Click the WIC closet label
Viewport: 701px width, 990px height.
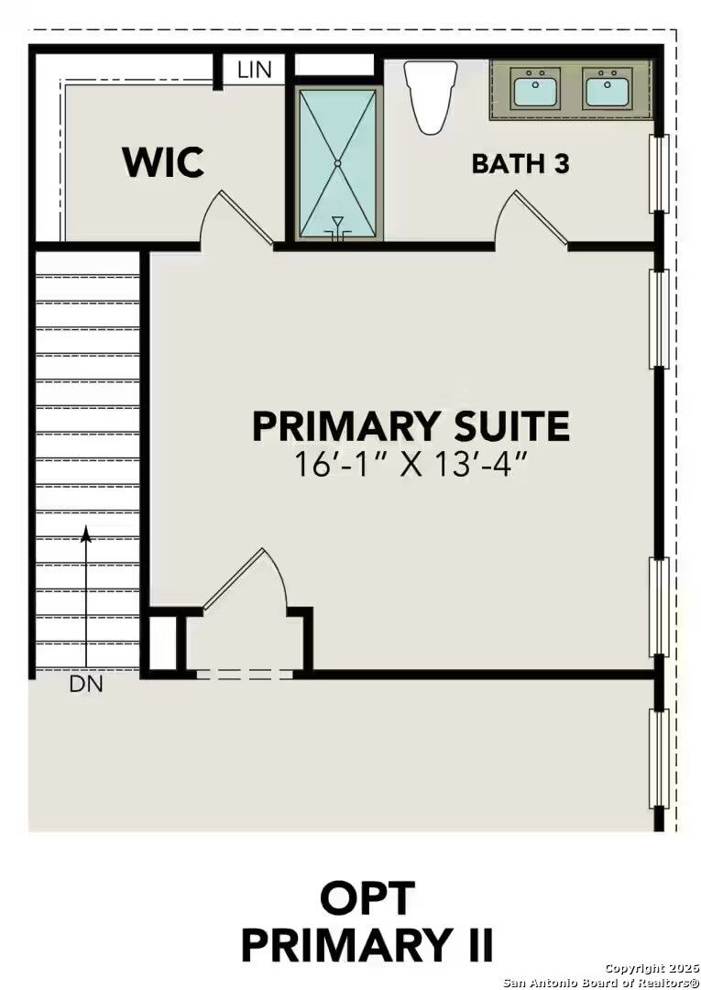coord(163,162)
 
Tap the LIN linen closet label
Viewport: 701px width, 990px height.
coord(254,70)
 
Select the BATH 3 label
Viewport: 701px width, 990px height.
coord(520,164)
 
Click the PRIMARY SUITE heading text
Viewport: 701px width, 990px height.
coord(411,427)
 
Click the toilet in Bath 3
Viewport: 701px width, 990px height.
coord(431,95)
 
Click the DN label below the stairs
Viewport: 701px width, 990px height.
coord(86,684)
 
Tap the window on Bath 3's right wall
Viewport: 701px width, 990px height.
coord(658,174)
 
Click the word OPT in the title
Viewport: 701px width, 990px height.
coord(367,898)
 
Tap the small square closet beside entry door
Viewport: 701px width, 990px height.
coord(162,643)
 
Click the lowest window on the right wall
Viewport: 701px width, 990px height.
coord(658,759)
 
